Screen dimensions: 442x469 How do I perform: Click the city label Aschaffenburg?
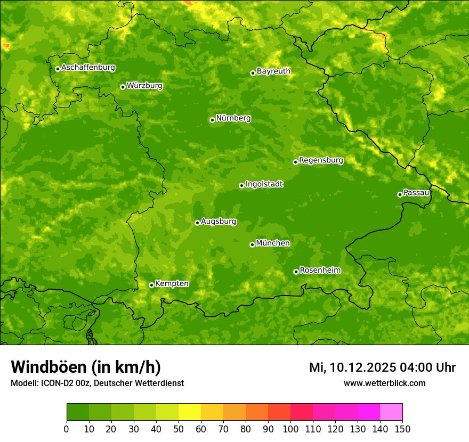click(88, 68)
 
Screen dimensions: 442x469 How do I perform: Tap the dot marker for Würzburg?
click(123, 87)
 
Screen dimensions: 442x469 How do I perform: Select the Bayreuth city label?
click(273, 71)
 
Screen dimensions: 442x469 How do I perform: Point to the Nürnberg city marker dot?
click(212, 120)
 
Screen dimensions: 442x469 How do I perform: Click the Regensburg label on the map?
click(321, 160)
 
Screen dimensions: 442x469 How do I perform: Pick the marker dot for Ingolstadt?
click(241, 185)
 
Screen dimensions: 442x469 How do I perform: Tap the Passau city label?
click(416, 193)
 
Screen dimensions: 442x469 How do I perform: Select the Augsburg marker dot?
click(197, 223)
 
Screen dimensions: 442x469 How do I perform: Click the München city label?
click(273, 243)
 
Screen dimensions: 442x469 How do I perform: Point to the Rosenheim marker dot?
click(296, 272)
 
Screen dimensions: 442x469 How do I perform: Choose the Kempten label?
click(172, 284)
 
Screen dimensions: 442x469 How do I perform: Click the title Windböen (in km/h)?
click(85, 367)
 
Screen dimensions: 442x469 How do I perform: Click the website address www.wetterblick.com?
click(384, 383)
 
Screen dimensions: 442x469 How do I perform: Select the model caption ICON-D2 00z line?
click(97, 383)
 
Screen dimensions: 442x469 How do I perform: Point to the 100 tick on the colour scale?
click(290, 429)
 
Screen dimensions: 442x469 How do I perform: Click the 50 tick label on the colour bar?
click(179, 429)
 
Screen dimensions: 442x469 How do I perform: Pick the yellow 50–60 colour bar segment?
click(190, 412)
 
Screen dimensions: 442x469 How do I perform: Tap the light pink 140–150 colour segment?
click(391, 412)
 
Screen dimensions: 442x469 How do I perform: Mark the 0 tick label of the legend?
click(67, 429)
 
